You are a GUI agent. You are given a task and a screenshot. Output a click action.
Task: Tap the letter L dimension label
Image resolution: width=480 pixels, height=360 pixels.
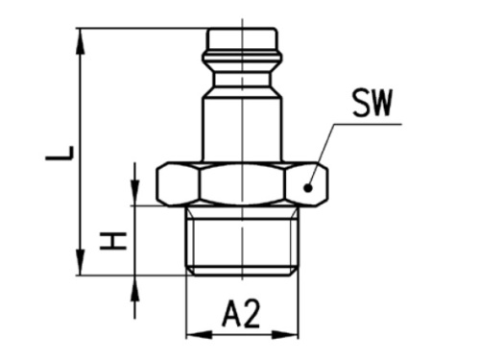coord(60,154)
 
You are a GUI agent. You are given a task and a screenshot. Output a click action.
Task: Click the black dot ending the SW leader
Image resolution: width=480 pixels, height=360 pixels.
coord(307,189)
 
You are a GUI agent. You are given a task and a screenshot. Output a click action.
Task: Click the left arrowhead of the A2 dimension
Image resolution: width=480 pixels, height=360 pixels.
coord(193,334)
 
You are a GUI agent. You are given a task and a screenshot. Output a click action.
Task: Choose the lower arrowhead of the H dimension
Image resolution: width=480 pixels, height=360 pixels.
coord(135,284)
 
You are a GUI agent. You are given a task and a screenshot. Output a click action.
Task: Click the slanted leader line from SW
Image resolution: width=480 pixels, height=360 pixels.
coord(323,154)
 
